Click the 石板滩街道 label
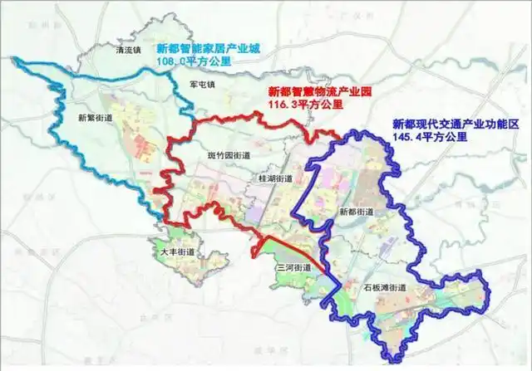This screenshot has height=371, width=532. (386, 288)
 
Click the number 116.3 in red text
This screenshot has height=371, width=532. (282, 106)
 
